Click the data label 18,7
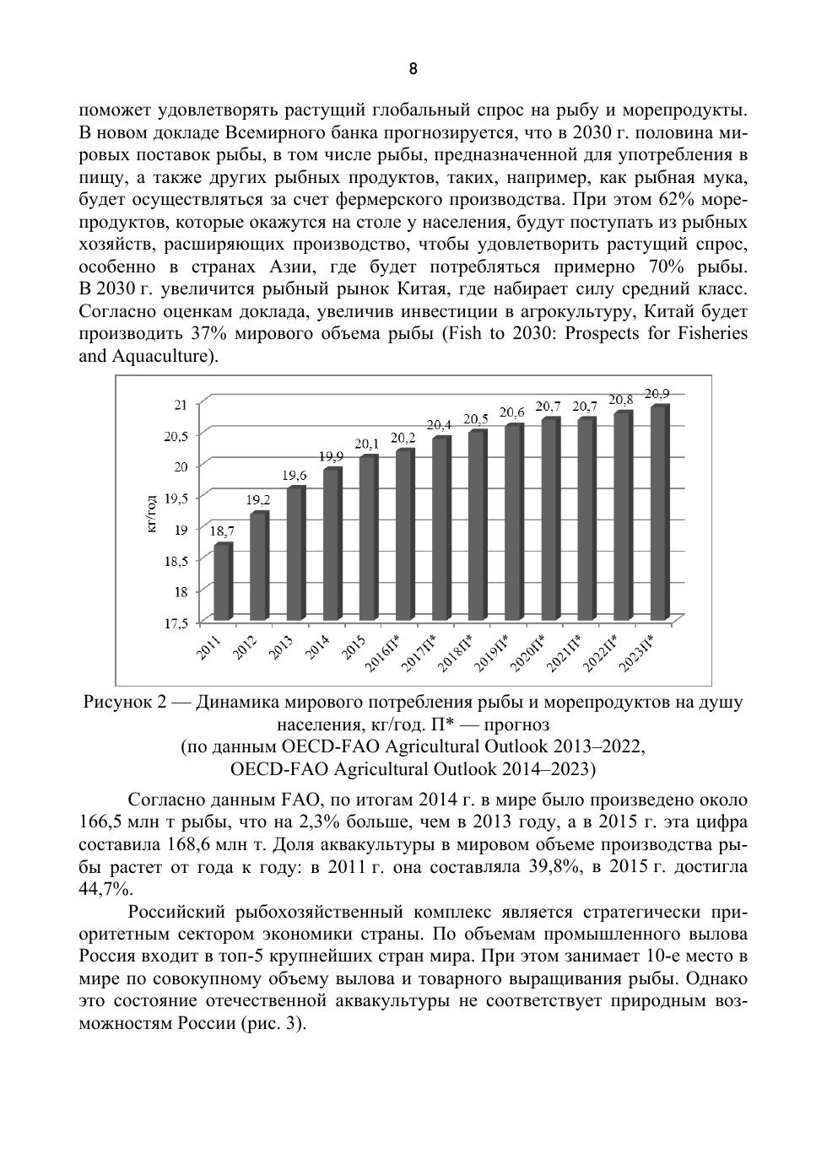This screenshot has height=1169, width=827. coord(222,531)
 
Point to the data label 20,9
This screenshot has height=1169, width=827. coord(657,393)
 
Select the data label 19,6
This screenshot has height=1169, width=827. coord(295,476)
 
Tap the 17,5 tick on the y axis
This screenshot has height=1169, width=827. coord(176,623)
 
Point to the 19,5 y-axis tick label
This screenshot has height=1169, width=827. coord(176,498)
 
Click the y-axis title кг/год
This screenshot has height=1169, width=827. coord(151,514)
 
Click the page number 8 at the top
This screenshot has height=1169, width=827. coord(413,69)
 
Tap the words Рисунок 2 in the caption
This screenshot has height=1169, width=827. coord(122,703)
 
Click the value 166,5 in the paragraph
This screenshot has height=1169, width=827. coord(102,822)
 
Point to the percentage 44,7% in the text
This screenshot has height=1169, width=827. coord(105,889)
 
